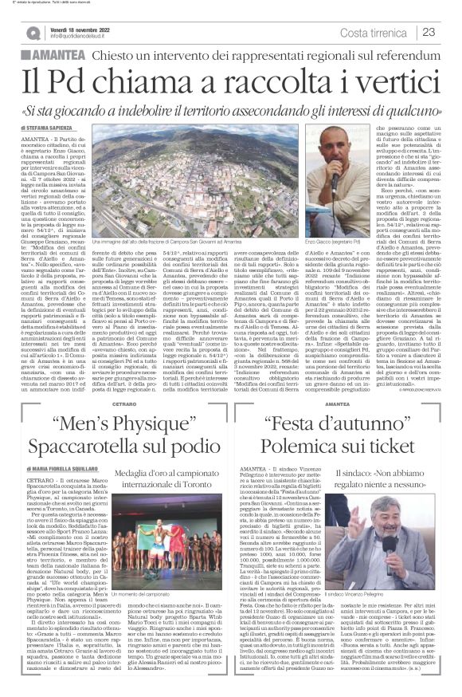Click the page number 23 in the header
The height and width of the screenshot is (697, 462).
429,32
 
